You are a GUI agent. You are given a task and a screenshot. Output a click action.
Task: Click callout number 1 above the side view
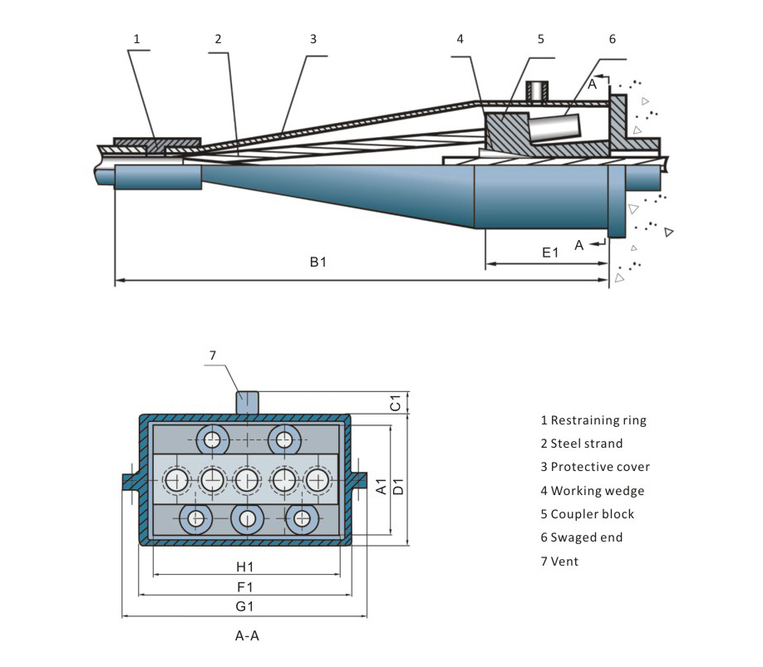click(x=137, y=38)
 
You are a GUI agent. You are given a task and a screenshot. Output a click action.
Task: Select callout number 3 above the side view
click(x=313, y=38)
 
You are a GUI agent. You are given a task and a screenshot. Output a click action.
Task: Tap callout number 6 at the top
click(x=613, y=38)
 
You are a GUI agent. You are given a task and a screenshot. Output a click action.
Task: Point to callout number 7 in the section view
click(x=213, y=355)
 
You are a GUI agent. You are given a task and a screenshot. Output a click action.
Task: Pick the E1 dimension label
click(x=549, y=253)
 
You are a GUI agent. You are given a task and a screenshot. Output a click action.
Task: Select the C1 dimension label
click(x=397, y=403)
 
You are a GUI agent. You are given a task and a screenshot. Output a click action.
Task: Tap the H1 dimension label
click(x=244, y=567)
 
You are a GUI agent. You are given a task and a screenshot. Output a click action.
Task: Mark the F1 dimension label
click(x=244, y=587)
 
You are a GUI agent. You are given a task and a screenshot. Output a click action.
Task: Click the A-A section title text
click(x=248, y=637)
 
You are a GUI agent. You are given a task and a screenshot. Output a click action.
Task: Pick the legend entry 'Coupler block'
click(x=587, y=514)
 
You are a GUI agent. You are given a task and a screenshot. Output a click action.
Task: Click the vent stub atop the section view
click(x=248, y=403)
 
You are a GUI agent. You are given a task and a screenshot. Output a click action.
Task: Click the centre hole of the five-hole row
click(x=247, y=480)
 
